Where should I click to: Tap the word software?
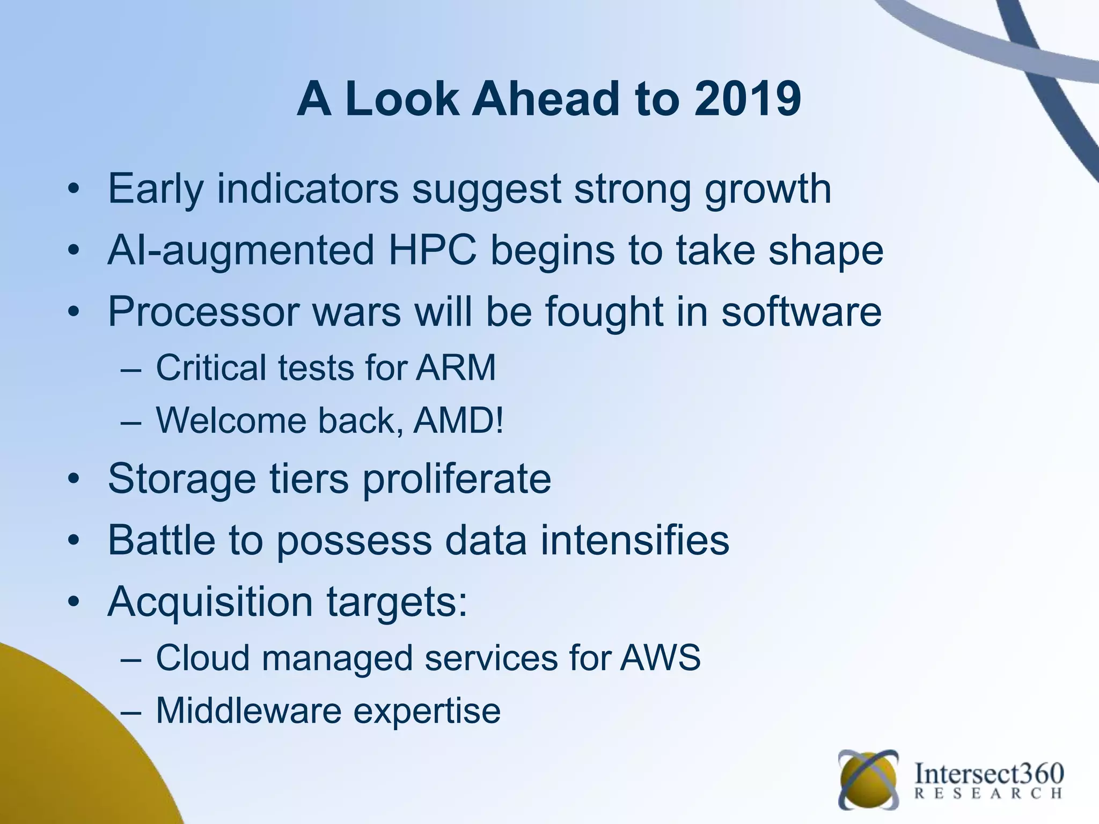(x=801, y=312)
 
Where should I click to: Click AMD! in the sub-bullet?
(x=459, y=421)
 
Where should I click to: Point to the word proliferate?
(x=457, y=479)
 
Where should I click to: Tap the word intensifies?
(x=635, y=540)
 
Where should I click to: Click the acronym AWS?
(x=660, y=658)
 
